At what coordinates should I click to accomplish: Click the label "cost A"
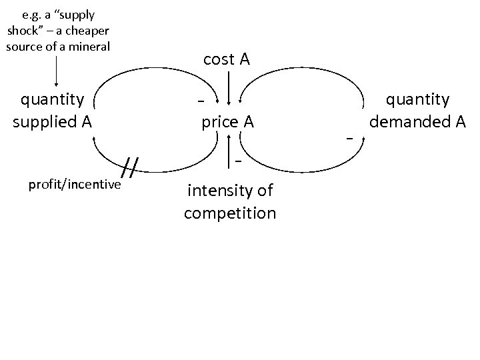(227, 59)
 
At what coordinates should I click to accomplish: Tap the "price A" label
(227, 122)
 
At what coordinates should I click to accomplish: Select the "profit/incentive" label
(74, 184)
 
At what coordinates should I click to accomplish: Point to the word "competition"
(230, 213)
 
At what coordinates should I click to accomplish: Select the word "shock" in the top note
(26, 31)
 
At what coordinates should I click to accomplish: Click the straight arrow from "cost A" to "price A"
(229, 87)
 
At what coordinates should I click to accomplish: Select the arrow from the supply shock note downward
(57, 72)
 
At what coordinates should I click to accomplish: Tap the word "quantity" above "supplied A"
(53, 100)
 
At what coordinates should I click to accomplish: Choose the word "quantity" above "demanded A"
(419, 100)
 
